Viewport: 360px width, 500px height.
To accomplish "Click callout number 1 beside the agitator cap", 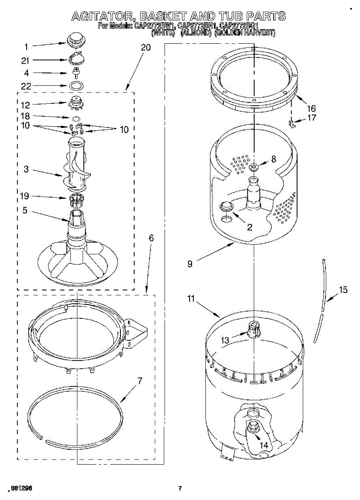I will click(26, 47).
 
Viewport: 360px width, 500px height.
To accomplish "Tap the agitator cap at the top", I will click(75, 39).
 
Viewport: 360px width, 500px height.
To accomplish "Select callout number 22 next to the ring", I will click(26, 86).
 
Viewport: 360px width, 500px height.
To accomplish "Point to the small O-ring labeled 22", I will click(75, 86).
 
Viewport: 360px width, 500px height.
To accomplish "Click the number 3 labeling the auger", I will click(26, 169).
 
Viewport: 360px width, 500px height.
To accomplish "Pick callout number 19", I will click(26, 196).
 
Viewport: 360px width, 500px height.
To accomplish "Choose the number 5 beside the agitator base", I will click(25, 211).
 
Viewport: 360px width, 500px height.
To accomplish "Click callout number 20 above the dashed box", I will click(145, 47).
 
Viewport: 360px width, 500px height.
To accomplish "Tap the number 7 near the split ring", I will click(140, 380).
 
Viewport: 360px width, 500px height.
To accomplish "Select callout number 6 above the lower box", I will click(151, 238).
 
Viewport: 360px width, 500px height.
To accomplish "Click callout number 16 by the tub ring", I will click(310, 108).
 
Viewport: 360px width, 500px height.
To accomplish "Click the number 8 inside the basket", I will click(273, 159).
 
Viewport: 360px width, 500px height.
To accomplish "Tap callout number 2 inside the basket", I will click(250, 227).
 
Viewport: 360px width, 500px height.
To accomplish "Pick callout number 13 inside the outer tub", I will click(225, 340).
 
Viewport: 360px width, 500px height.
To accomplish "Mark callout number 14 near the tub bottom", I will click(264, 445).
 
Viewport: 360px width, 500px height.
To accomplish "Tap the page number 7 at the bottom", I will click(180, 488).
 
